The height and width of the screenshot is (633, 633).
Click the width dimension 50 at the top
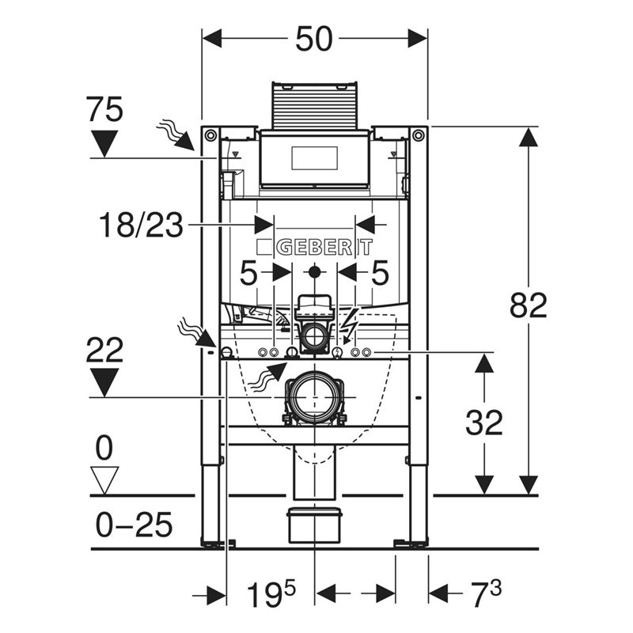click(x=315, y=40)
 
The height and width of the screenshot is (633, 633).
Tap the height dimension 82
click(x=528, y=305)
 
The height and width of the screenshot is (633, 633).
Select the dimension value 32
click(x=483, y=423)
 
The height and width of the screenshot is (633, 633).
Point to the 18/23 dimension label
click(x=141, y=226)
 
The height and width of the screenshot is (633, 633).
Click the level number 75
click(x=104, y=109)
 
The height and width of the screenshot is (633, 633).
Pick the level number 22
click(x=104, y=349)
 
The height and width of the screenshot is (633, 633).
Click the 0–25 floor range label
click(x=133, y=525)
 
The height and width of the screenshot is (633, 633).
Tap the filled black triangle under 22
click(x=104, y=384)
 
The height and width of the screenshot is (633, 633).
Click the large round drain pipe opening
click(x=314, y=395)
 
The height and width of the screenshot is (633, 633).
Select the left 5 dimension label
click(x=248, y=275)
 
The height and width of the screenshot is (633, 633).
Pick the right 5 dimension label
click(x=380, y=275)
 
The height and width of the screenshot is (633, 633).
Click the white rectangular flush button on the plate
click(x=314, y=158)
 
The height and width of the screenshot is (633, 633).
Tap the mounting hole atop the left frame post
click(x=210, y=136)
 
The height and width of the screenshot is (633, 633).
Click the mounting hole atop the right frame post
click(x=418, y=136)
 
